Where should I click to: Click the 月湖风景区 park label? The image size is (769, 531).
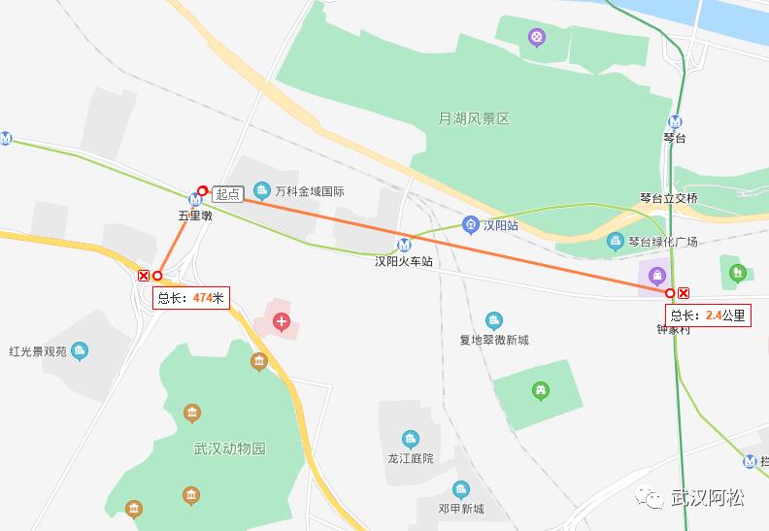474,118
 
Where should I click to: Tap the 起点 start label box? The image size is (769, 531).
227,194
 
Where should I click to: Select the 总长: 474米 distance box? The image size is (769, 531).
191,298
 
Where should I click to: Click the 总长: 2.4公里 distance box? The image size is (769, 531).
708,315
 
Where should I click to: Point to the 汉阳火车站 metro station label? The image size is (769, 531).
404,261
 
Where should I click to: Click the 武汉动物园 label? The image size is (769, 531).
229,448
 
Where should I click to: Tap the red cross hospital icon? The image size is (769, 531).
282,321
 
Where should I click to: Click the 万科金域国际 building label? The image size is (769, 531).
309,191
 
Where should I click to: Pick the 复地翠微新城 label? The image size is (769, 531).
494,340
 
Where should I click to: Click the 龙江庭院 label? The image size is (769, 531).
410,457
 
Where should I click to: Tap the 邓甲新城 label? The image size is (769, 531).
460,508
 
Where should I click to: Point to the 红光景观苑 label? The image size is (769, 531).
38,351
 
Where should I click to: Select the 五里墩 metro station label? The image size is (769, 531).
194,216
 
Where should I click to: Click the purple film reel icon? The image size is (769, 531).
537,38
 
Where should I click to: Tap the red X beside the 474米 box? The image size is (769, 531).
144,276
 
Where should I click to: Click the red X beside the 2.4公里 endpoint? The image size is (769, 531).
684,293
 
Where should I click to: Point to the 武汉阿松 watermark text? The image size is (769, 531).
708,498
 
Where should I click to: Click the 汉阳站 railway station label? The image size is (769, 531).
502,225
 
